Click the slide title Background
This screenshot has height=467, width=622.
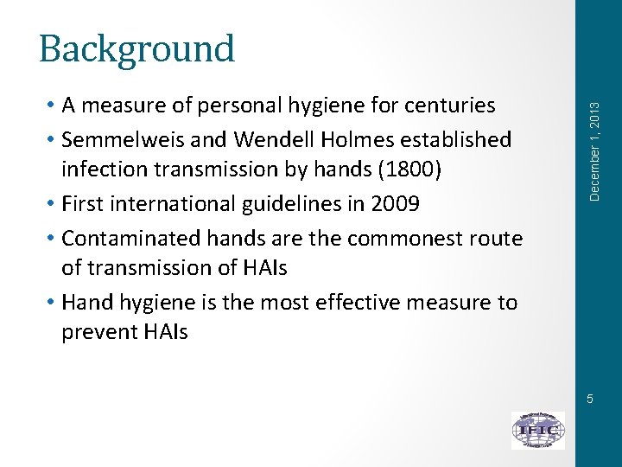[136, 49]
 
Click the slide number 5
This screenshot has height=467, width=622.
[589, 399]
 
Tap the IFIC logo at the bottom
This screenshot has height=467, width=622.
[537, 430]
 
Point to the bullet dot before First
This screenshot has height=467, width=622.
[53, 204]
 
